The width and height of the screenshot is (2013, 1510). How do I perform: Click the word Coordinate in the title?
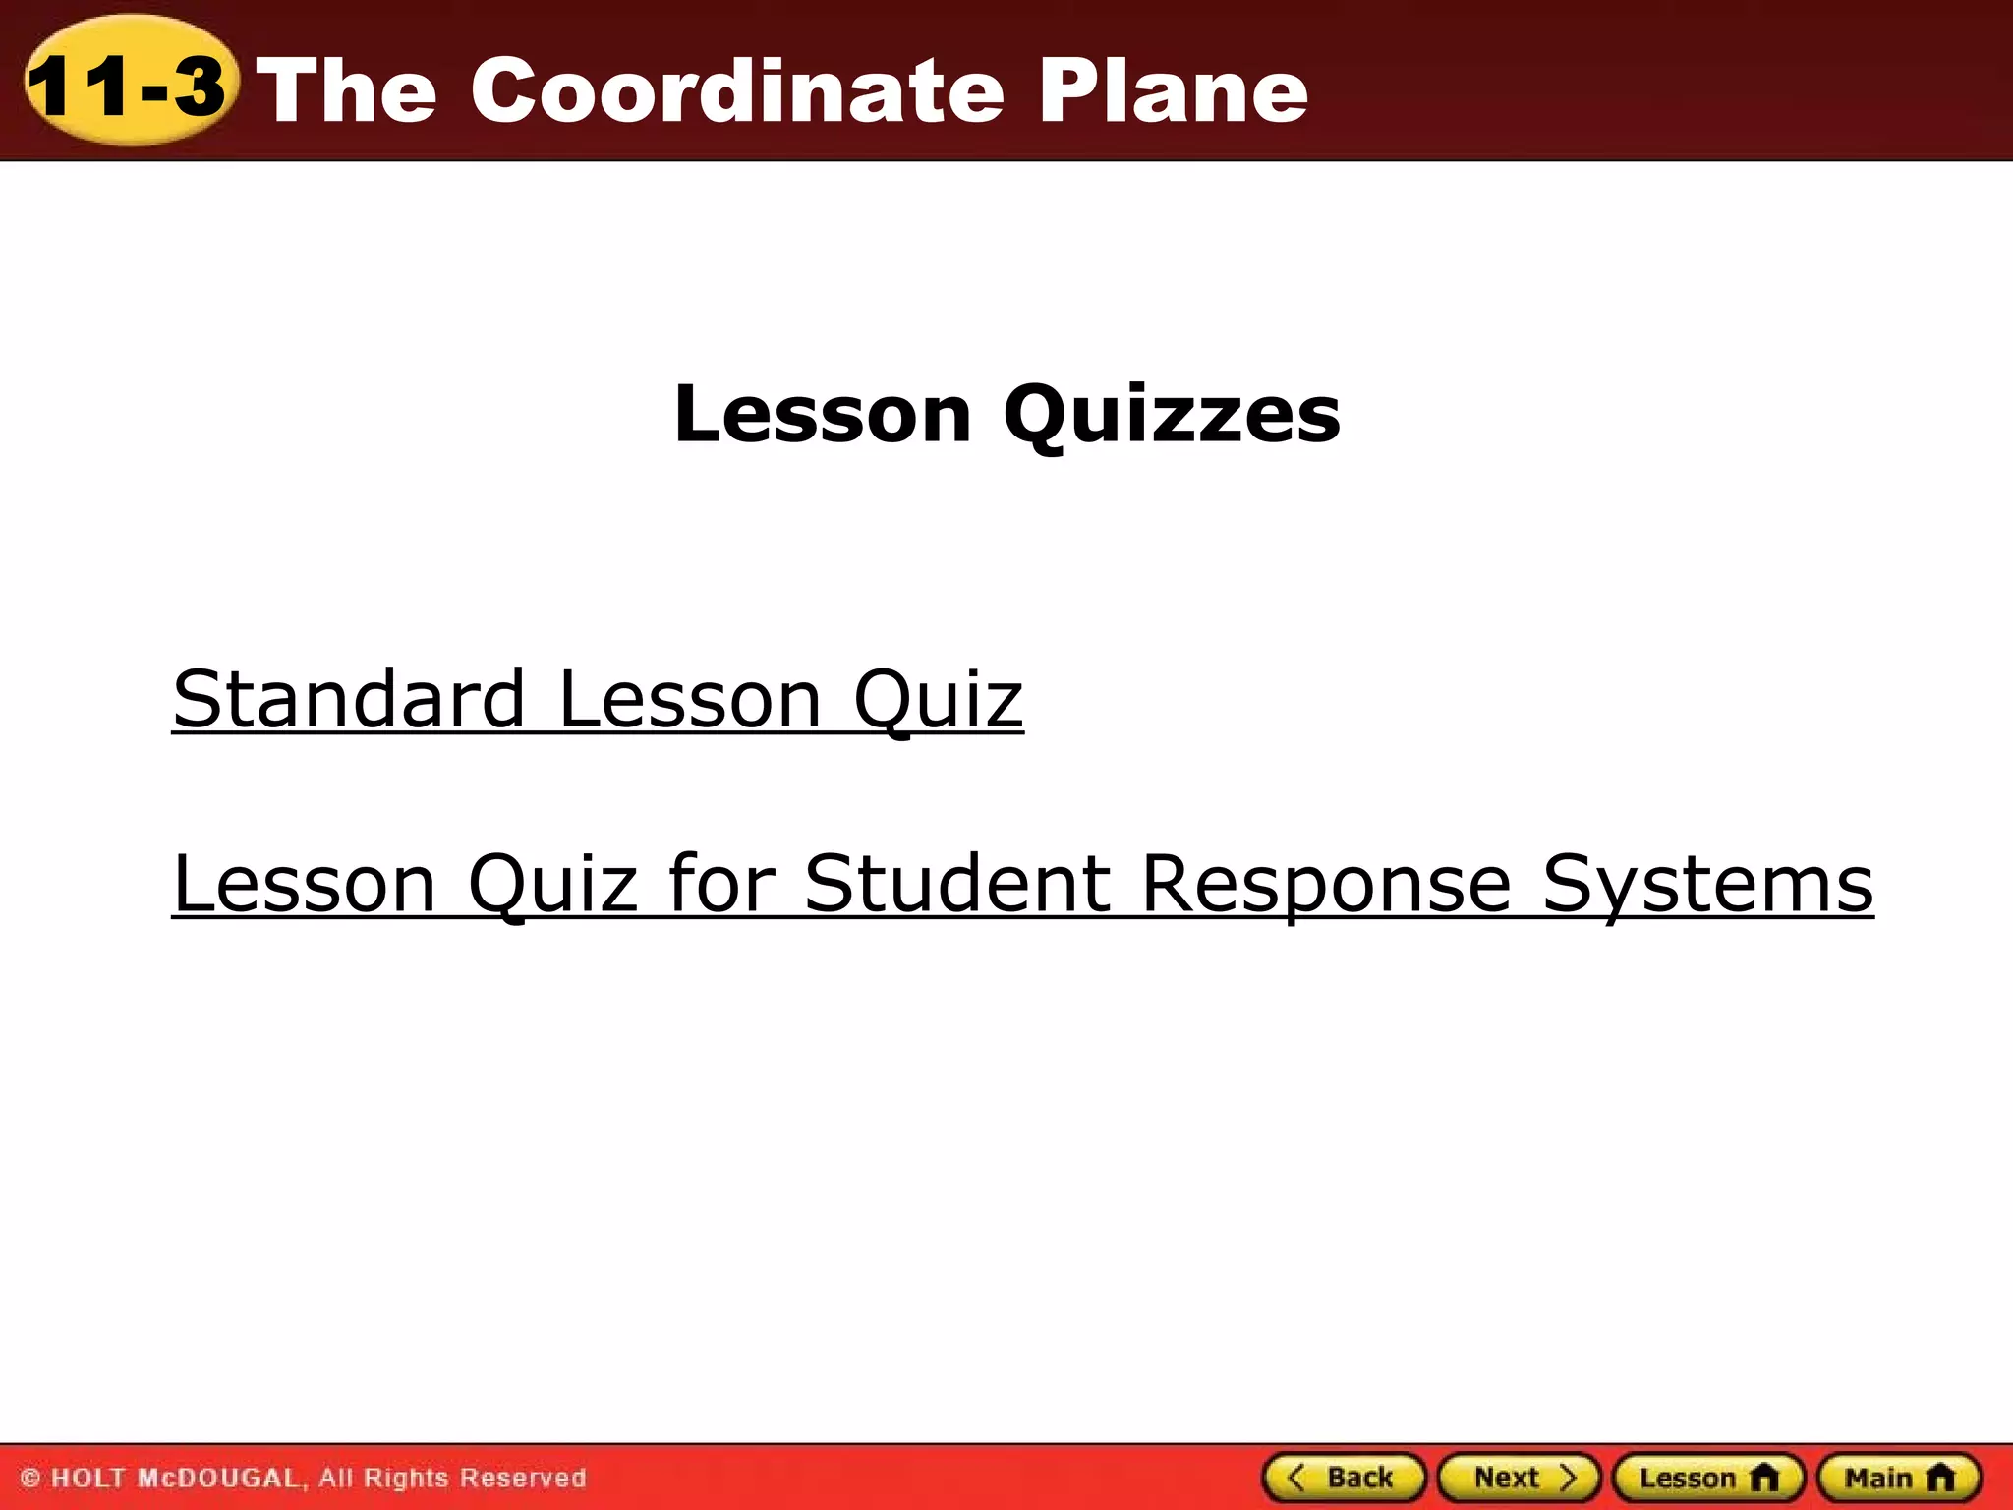tap(737, 90)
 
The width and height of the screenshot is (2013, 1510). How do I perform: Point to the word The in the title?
tap(351, 90)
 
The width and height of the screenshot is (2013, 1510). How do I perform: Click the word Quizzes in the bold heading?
tap(1172, 415)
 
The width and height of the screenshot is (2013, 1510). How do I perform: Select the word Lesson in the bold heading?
tap(823, 415)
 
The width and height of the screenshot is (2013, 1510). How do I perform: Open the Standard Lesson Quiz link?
tap(598, 699)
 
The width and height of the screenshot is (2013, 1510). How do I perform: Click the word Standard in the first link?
tap(349, 699)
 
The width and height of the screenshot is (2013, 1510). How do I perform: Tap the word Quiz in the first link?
tap(938, 699)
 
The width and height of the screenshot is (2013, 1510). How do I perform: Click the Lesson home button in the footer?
tap(1708, 1478)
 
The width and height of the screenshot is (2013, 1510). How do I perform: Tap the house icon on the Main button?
tap(1940, 1478)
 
